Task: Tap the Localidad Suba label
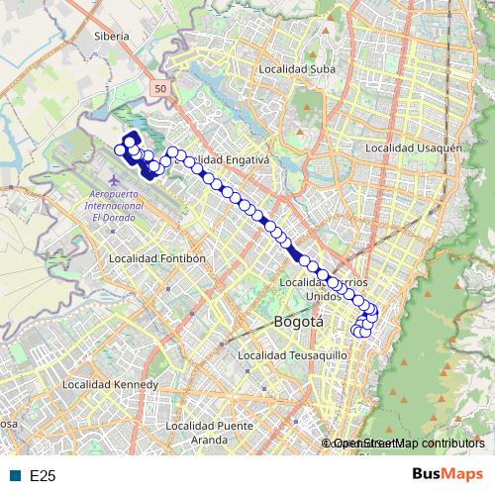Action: click(x=296, y=69)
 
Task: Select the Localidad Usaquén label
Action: click(x=414, y=148)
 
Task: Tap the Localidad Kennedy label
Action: click(x=110, y=383)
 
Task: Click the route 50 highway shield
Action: click(x=160, y=89)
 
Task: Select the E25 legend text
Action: click(x=43, y=476)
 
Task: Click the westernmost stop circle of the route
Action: click(x=120, y=150)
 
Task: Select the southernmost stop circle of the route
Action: click(x=362, y=333)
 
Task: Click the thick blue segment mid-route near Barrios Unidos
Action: click(x=294, y=251)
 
